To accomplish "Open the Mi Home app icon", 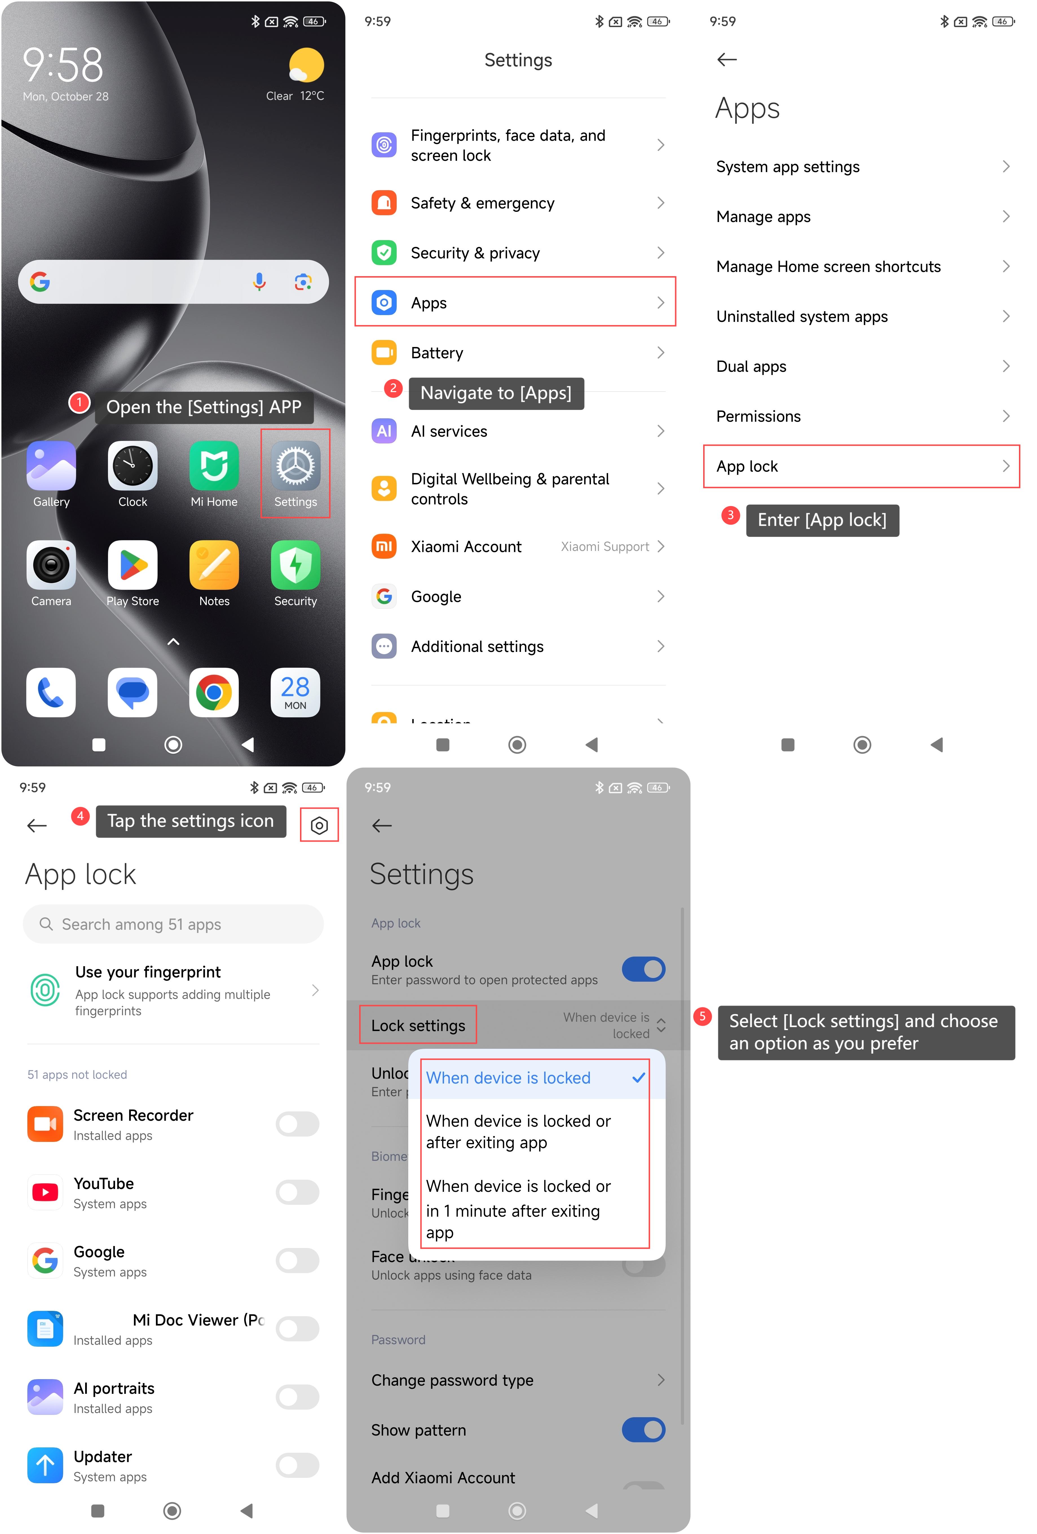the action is [x=214, y=466].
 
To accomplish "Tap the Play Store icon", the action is [x=133, y=565].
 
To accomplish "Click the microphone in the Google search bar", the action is [x=259, y=282].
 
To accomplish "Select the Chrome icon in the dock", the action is [x=214, y=693].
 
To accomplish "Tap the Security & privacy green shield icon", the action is [x=384, y=253].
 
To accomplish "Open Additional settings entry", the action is [x=518, y=646].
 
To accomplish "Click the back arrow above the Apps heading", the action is [x=727, y=60].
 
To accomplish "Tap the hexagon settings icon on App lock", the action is [x=319, y=825].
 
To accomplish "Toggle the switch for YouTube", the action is [x=297, y=1192].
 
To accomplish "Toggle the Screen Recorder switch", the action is [x=297, y=1124].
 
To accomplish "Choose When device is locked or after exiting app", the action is [x=518, y=1131].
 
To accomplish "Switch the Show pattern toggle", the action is [x=643, y=1430].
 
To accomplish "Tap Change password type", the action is [x=453, y=1380].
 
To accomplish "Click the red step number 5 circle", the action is [x=703, y=1016].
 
